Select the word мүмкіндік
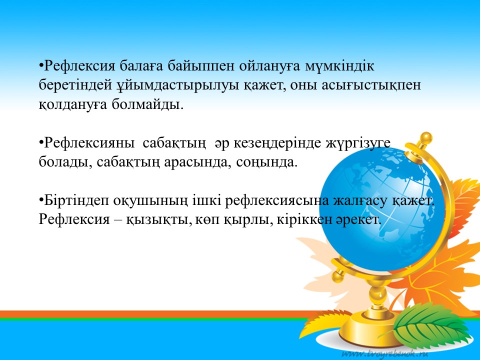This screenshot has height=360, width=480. [339, 66]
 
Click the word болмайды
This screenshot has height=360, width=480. [147, 104]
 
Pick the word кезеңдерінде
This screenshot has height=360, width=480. [277, 143]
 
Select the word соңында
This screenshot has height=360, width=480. [266, 162]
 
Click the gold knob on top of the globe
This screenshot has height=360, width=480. [426, 138]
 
